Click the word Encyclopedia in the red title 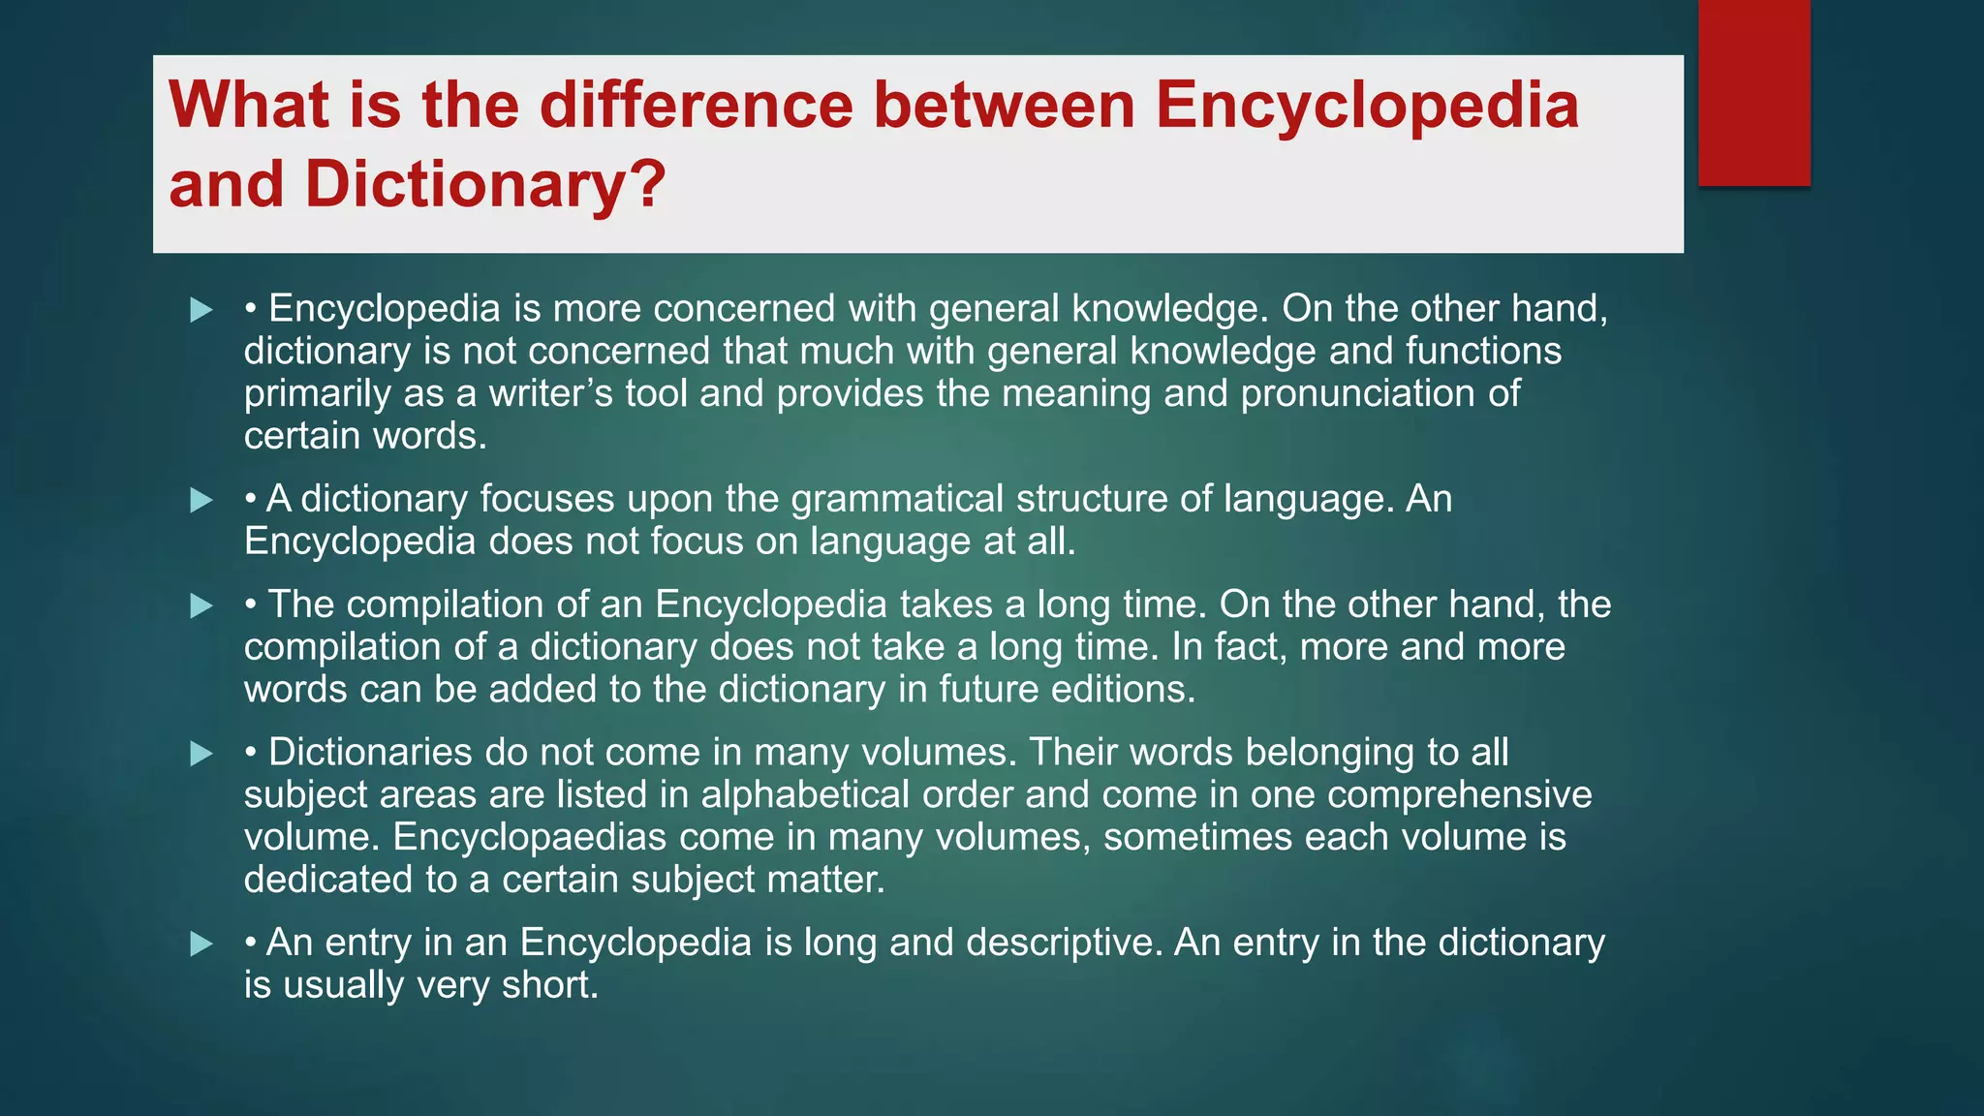(x=1366, y=106)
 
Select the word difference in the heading (x=696, y=106)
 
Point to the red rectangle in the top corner (x=1753, y=92)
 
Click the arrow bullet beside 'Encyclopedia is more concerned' (x=201, y=310)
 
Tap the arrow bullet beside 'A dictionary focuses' (x=201, y=501)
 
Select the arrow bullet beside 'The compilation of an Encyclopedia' (x=201, y=606)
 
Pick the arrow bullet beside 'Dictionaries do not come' (x=201, y=754)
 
